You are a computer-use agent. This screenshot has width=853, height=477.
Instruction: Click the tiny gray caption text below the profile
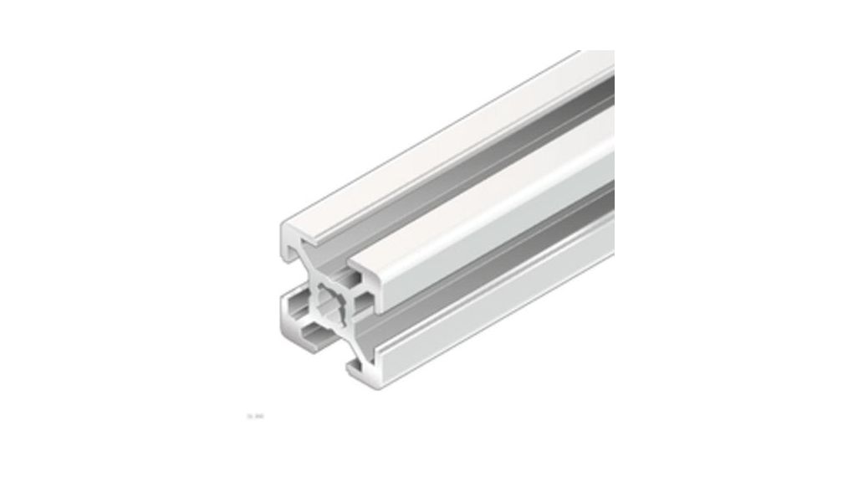pyautogui.click(x=251, y=413)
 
